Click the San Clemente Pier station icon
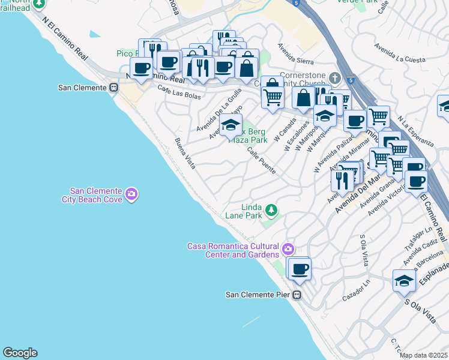(x=297, y=295)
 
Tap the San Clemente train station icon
(x=113, y=88)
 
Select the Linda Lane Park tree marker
(x=272, y=209)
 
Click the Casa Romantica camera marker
(x=289, y=248)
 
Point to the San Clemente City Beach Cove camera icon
(x=131, y=193)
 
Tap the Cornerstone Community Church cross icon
(x=335, y=79)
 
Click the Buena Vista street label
(x=184, y=154)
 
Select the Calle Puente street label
(x=261, y=161)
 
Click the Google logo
(x=20, y=353)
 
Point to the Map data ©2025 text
(x=423, y=355)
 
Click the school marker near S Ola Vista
(x=404, y=281)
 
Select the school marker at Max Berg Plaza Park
(x=230, y=126)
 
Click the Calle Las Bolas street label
(x=179, y=92)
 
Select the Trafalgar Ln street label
(x=420, y=239)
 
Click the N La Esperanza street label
(x=415, y=131)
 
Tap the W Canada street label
(x=285, y=128)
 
